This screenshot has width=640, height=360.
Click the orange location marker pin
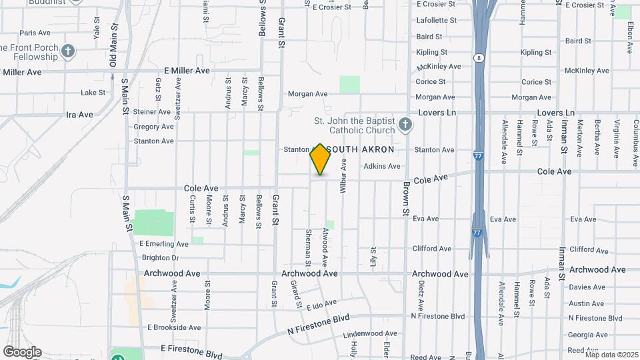[321, 159]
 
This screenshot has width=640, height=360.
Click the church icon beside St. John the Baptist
[405, 124]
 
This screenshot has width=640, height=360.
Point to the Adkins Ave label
[382, 166]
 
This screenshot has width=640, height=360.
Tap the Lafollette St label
[436, 21]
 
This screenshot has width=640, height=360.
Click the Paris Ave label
[35, 33]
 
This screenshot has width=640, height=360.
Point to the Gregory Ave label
[153, 127]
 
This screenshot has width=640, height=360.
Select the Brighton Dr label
[161, 258]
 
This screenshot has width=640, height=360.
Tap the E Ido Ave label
[323, 305]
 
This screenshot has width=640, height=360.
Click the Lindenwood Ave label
[374, 335]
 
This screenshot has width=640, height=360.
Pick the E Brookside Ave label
[174, 327]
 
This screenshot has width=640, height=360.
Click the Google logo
[21, 351]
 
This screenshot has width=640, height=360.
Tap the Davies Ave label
[587, 287]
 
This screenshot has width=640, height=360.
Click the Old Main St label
[114, 46]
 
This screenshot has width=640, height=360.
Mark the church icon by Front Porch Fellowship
[67, 51]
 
